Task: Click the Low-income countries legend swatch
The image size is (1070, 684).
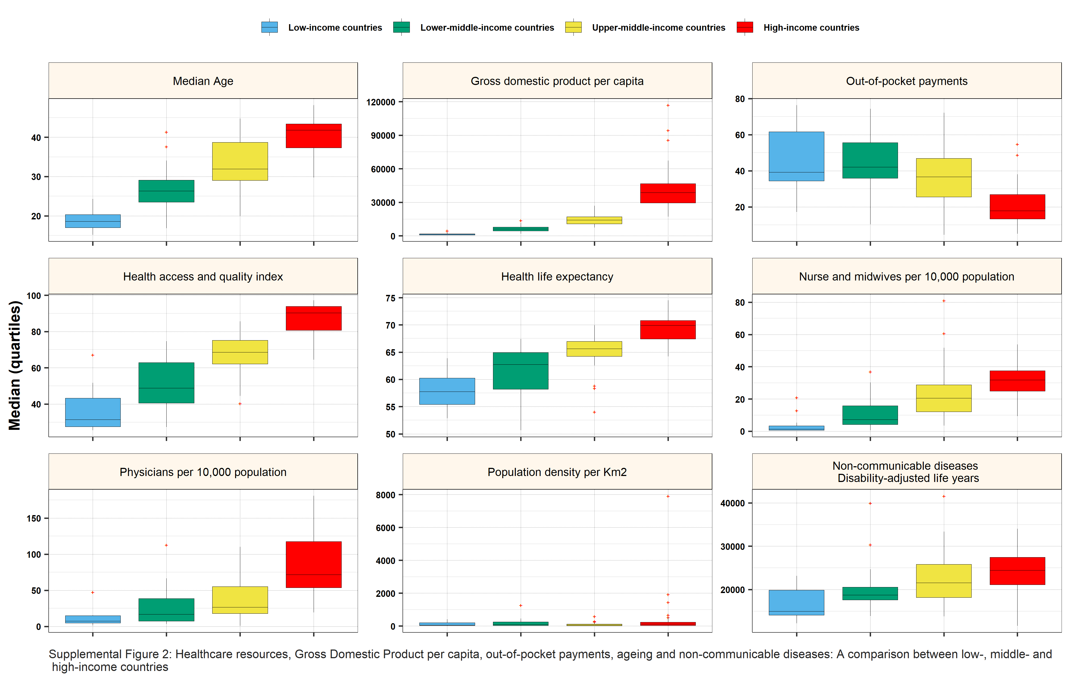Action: click(x=269, y=27)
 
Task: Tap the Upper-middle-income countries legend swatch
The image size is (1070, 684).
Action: click(x=573, y=27)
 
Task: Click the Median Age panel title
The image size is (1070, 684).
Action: click(x=203, y=81)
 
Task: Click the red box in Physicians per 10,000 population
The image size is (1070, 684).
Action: click(x=313, y=564)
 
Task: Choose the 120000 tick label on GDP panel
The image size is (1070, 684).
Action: click(x=380, y=102)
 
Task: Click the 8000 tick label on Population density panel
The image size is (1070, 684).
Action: click(x=385, y=495)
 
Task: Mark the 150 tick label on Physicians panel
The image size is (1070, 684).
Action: click(x=34, y=518)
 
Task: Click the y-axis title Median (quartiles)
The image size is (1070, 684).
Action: click(x=15, y=365)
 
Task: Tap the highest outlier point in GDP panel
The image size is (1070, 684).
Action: click(x=668, y=105)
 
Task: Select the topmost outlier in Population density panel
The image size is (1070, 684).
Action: click(x=668, y=496)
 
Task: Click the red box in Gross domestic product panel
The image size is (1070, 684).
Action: click(x=668, y=193)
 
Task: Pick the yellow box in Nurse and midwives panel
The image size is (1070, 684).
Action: click(x=943, y=398)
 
